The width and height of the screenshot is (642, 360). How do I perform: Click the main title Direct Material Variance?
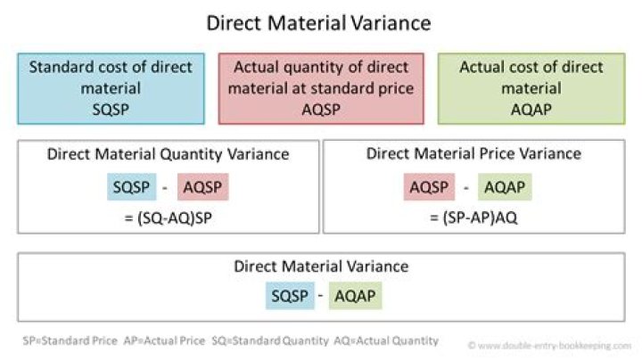click(x=318, y=23)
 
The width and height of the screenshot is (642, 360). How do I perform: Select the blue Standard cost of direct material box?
click(x=111, y=88)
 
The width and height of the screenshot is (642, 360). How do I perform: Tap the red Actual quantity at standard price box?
click(x=321, y=88)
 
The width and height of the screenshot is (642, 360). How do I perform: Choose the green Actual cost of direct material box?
click(x=531, y=88)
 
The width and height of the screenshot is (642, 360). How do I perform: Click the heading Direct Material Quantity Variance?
click(x=168, y=154)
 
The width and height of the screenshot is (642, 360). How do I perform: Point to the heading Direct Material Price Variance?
click(x=473, y=154)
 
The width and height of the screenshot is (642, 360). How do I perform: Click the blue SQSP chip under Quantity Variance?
click(x=131, y=187)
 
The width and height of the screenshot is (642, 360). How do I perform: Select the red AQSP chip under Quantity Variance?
click(x=202, y=187)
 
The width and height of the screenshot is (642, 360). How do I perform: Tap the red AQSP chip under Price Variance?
click(x=429, y=187)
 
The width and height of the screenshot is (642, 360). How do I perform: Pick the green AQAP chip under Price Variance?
click(x=505, y=187)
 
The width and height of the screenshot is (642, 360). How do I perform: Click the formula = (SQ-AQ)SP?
click(x=169, y=218)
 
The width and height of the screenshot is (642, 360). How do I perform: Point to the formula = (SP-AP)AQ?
click(x=473, y=217)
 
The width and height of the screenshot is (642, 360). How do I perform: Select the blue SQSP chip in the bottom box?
click(x=290, y=295)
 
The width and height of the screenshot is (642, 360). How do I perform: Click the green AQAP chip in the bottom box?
click(x=356, y=295)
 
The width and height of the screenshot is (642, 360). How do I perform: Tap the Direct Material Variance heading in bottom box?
click(x=321, y=266)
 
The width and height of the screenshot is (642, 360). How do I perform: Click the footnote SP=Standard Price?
click(x=70, y=340)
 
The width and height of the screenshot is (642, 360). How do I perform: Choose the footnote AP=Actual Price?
click(x=164, y=340)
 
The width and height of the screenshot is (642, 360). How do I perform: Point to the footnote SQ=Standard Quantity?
click(x=270, y=340)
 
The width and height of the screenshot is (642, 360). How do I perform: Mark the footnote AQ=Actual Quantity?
click(x=386, y=340)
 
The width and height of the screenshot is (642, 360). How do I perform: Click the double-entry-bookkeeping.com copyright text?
click(x=549, y=346)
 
